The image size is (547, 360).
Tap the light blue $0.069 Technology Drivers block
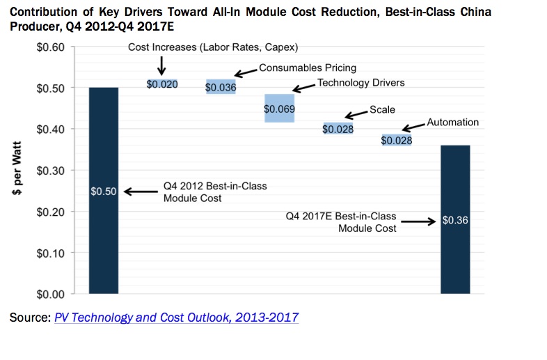279,109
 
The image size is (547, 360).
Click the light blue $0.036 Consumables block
221,87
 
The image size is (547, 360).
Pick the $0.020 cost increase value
161,84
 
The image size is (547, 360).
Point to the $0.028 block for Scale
338,129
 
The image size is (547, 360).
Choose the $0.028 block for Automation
396,140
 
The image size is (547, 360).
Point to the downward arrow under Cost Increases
161,65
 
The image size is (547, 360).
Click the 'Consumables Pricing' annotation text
307,68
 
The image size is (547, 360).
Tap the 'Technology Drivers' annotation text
360,83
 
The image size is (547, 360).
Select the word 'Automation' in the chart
452,122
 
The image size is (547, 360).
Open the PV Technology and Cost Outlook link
176,318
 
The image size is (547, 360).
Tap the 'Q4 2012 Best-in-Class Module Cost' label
214,192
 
